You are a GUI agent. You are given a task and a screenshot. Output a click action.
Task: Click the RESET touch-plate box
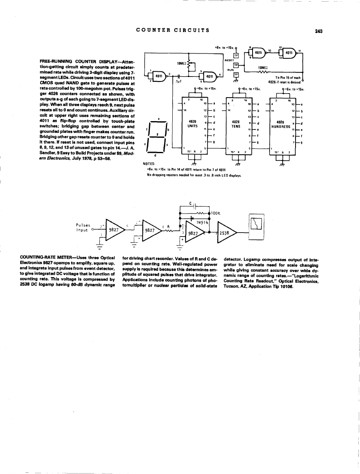click(236, 55)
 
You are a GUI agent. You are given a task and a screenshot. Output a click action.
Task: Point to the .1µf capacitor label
click(178, 81)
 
